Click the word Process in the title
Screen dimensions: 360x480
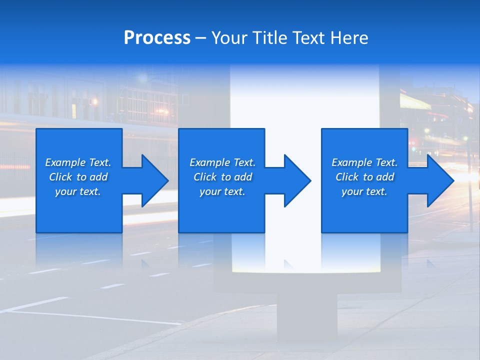pyautogui.click(x=157, y=38)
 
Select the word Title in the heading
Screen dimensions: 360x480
pyautogui.click(x=269, y=38)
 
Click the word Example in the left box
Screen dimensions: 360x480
pyautogui.click(x=65, y=162)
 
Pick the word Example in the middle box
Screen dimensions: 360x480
pyautogui.click(x=209, y=162)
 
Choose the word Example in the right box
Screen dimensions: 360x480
pyautogui.click(x=351, y=162)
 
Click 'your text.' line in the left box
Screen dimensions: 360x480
pyautogui.click(x=78, y=191)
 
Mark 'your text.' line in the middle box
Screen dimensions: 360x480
pyautogui.click(x=222, y=191)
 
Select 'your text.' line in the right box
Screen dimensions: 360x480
pyautogui.click(x=364, y=191)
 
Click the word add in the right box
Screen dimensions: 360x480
pyautogui.click(x=385, y=177)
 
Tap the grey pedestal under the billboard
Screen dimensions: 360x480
pyautogui.click(x=307, y=315)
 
